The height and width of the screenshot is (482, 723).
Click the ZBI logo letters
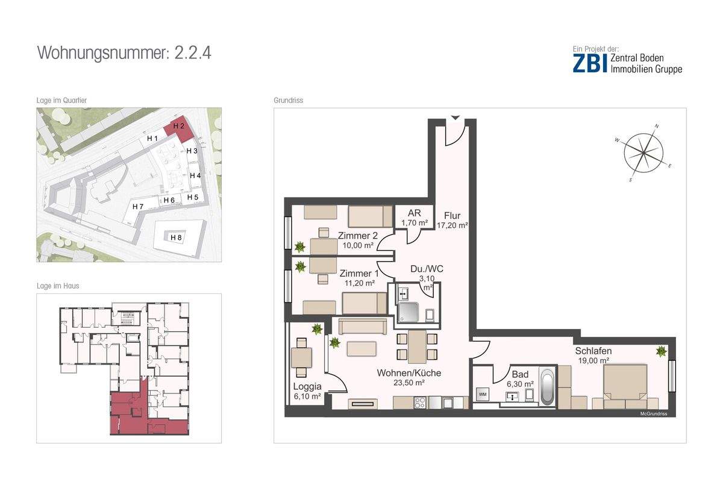(x=590, y=63)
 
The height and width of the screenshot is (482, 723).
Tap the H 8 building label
(x=176, y=237)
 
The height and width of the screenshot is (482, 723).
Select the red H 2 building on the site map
(x=178, y=128)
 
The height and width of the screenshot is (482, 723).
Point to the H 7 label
(x=138, y=206)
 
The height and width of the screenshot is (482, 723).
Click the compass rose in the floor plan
(x=643, y=152)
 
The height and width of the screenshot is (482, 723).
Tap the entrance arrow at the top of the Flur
(x=455, y=117)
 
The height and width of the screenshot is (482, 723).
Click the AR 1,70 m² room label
(x=415, y=218)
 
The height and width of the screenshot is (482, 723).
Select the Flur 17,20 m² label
(x=452, y=220)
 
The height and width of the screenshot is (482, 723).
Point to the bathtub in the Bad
(x=548, y=386)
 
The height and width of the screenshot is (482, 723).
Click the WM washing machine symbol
(x=483, y=394)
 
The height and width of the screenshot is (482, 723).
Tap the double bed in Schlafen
(x=625, y=386)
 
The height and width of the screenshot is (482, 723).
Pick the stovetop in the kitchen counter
(x=420, y=402)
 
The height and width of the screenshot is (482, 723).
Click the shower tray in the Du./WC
(x=408, y=312)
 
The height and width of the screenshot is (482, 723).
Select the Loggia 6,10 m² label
(x=307, y=391)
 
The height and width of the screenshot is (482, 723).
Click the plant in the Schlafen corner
(x=662, y=351)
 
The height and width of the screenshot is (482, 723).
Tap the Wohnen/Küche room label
(x=409, y=377)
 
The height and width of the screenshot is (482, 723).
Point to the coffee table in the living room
(x=361, y=349)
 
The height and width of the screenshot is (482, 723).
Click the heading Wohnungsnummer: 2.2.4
(x=124, y=53)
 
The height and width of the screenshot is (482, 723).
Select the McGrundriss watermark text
(x=654, y=413)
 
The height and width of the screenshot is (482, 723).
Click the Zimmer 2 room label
(x=358, y=240)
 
